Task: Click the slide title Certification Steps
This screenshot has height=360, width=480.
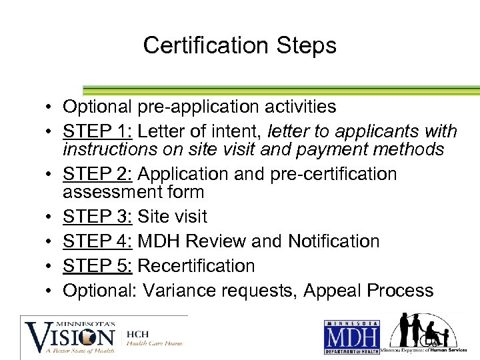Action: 239,45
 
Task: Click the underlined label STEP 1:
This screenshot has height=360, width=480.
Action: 97,131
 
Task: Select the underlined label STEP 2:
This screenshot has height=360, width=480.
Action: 97,174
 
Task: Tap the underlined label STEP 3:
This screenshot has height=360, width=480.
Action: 97,217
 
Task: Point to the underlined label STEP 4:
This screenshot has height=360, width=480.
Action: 97,241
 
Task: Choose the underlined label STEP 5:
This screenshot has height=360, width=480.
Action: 97,266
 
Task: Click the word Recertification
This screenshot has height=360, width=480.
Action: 196,266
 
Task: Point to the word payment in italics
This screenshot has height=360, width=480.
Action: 339,149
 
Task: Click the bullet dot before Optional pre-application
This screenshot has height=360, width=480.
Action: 50,107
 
